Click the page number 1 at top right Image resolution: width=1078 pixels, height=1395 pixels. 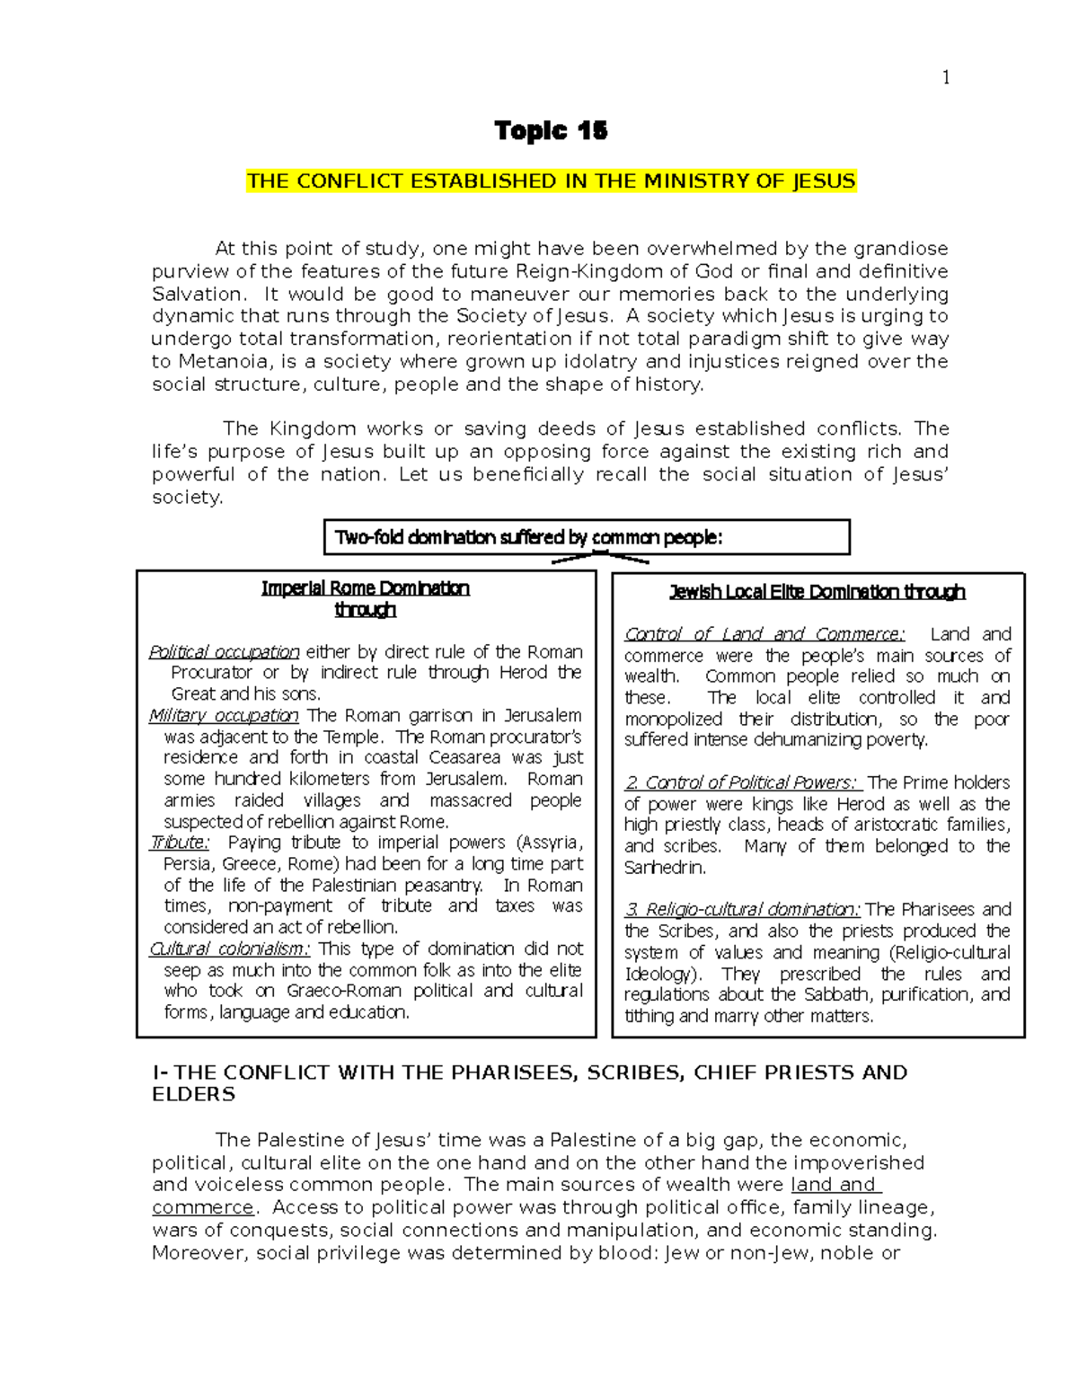click(945, 77)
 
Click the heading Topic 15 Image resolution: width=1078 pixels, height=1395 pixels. click(551, 131)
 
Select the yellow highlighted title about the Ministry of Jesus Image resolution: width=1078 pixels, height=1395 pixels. click(551, 181)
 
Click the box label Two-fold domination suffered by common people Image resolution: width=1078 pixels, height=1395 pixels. click(528, 538)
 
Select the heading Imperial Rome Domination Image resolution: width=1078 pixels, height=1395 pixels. click(365, 588)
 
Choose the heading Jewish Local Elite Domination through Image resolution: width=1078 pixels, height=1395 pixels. click(817, 592)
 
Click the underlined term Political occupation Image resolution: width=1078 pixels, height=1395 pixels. click(224, 652)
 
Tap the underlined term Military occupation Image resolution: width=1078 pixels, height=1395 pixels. click(224, 716)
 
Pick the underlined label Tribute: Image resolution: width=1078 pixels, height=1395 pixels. click(179, 843)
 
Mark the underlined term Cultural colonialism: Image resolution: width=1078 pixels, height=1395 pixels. click(229, 949)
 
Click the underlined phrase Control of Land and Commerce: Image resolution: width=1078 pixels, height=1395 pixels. click(764, 634)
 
